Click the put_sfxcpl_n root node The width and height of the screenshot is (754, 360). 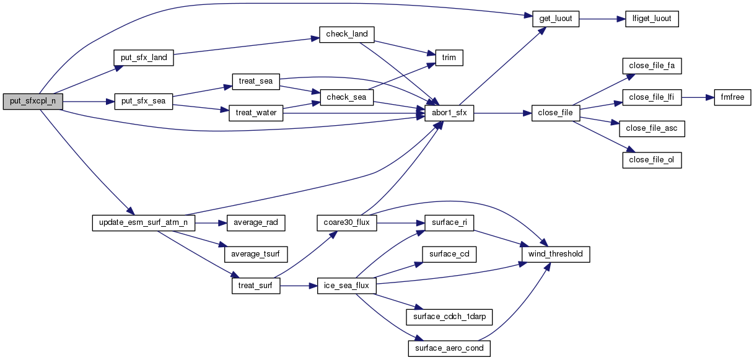pos(33,102)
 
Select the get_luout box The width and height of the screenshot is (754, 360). pos(555,19)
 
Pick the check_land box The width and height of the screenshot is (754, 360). pos(347,34)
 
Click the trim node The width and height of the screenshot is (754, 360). pos(449,58)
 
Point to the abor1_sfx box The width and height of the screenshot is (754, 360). pos(449,113)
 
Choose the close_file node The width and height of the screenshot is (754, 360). pos(556,113)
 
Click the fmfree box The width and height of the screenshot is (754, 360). pos(733,97)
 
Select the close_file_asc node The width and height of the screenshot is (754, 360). pos(652,129)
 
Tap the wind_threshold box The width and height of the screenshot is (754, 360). pos(556,254)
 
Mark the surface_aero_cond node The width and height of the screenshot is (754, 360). pos(449,349)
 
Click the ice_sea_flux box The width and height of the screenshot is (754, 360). pos(346,286)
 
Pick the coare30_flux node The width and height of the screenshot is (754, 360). pos(346,222)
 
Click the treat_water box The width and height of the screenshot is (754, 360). pos(256,113)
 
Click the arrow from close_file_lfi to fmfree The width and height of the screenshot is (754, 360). pos(698,97)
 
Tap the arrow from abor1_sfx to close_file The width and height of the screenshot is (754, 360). pos(502,113)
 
